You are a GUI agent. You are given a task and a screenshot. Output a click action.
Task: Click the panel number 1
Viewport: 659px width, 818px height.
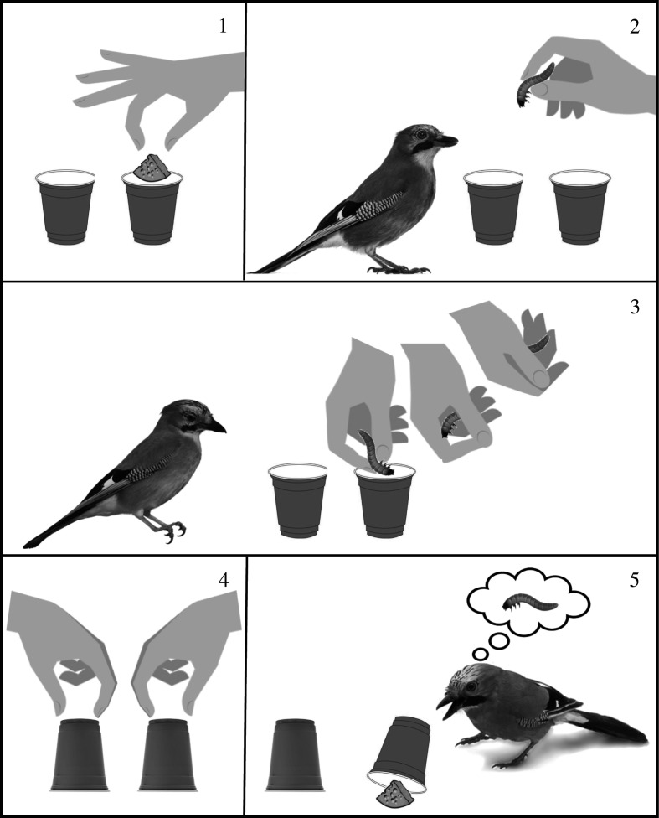point(223,25)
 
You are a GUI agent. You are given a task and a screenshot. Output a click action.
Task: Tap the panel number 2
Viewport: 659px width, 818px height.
point(634,26)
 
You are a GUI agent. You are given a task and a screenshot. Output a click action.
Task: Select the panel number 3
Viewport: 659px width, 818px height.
point(634,307)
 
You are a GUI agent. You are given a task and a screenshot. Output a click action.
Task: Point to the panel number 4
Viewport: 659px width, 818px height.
point(223,580)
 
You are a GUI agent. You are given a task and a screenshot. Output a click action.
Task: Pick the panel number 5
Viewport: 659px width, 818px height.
point(634,580)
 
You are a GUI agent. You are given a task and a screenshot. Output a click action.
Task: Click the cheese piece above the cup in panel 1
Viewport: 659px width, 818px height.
point(151,168)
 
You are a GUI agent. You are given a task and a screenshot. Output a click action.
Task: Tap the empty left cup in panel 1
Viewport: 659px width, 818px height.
point(65,206)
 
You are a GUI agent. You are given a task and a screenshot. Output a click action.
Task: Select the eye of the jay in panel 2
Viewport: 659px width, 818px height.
point(420,135)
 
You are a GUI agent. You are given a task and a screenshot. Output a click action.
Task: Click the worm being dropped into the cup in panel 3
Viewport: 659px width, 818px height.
point(376,453)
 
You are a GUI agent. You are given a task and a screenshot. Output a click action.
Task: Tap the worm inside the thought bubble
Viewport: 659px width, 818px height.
point(528,603)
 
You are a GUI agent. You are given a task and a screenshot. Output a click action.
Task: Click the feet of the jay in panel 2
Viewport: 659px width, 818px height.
point(399,269)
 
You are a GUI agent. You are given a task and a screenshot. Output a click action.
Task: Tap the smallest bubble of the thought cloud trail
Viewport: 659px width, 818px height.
point(479,654)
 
